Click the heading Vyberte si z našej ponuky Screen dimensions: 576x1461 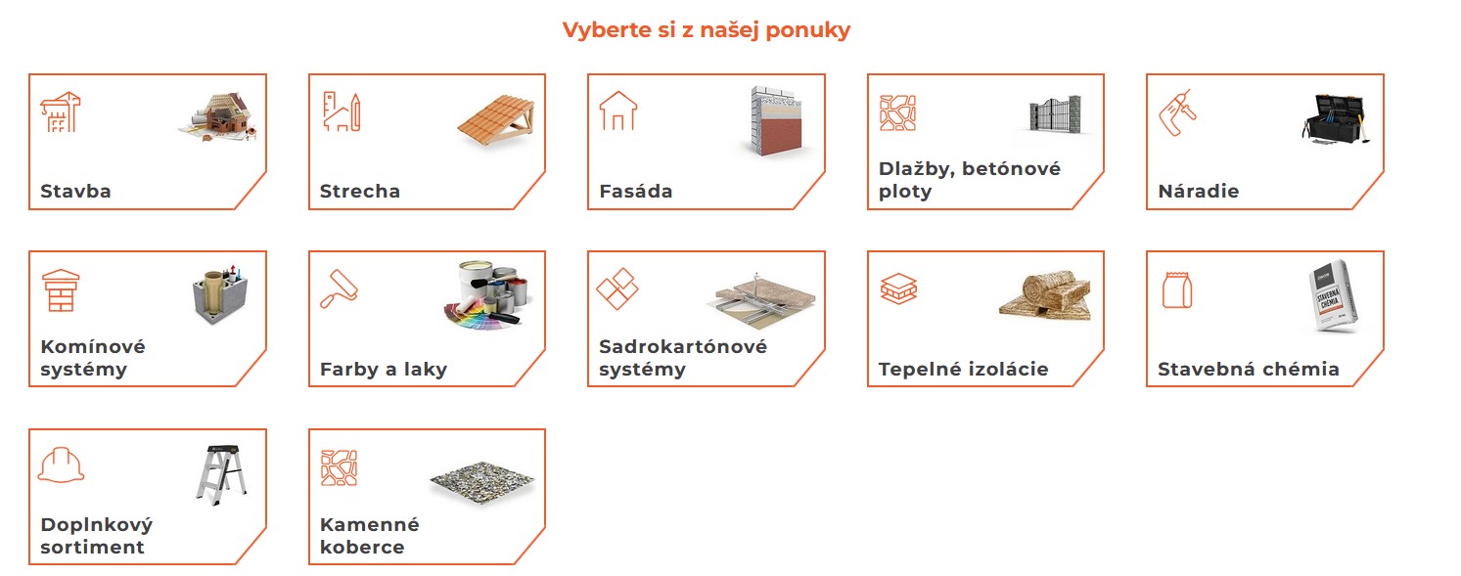706,30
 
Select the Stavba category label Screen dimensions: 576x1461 75,192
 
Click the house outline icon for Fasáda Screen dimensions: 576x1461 617,111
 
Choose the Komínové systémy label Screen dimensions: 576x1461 92,358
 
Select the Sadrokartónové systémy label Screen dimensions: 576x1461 682,358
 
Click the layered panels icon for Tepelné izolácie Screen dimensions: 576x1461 897,288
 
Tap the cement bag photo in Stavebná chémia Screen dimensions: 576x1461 1335,297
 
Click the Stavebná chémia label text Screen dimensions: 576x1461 1248,370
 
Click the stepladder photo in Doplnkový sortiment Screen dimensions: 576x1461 220,473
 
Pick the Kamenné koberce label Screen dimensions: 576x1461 369,536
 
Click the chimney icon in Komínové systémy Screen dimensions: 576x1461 61,290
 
